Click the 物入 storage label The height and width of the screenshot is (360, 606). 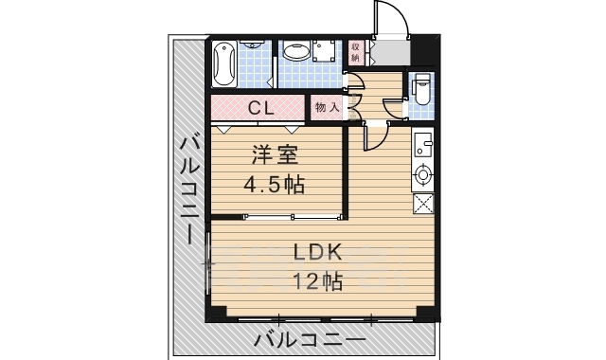[327, 107]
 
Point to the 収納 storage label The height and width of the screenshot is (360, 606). [356, 51]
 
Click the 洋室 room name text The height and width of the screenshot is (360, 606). [275, 154]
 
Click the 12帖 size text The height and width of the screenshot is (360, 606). [316, 281]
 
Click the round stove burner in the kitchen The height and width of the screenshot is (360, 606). [423, 174]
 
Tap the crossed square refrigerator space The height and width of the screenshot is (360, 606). [423, 202]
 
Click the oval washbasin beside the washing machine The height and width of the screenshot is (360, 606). [294, 52]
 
